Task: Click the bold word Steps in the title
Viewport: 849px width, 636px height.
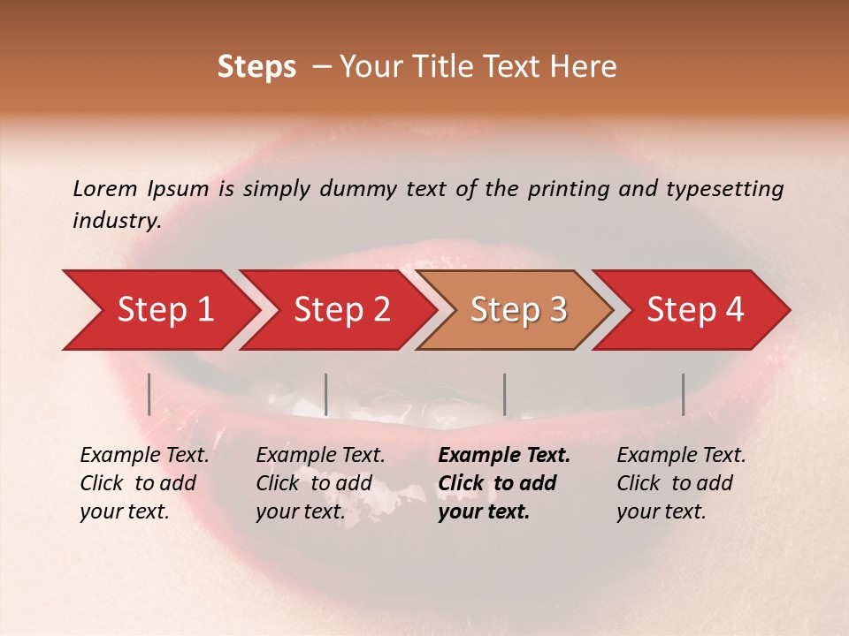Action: pyautogui.click(x=256, y=67)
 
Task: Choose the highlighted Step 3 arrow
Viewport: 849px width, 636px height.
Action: pyautogui.click(x=518, y=310)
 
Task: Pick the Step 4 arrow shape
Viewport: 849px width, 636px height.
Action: pyautogui.click(x=695, y=310)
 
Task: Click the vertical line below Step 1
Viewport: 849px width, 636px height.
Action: pyautogui.click(x=149, y=394)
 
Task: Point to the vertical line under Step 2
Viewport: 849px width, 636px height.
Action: pyautogui.click(x=326, y=394)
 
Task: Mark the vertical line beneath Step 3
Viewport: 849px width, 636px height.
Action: pyautogui.click(x=504, y=394)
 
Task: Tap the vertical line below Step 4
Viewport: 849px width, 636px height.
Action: pyautogui.click(x=683, y=394)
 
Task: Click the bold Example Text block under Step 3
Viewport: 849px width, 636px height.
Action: pyautogui.click(x=504, y=483)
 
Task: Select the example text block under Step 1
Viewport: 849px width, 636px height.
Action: pyautogui.click(x=144, y=483)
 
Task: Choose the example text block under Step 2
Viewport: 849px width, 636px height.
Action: pyautogui.click(x=320, y=483)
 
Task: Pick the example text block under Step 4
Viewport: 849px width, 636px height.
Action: pyautogui.click(x=681, y=483)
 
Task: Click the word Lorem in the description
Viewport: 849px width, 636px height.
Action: pyautogui.click(x=104, y=189)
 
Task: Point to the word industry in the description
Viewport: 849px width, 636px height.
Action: pyautogui.click(x=117, y=221)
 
